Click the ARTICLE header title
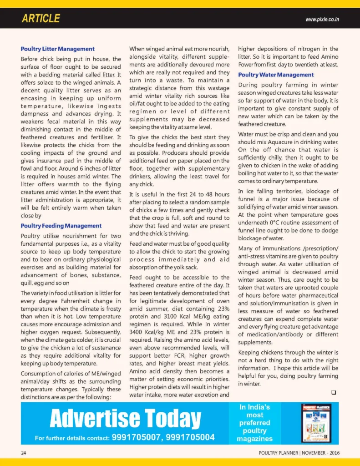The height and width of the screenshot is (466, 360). (x=41, y=19)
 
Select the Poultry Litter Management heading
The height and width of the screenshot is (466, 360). (x=57, y=49)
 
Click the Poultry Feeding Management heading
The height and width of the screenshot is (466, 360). (x=61, y=226)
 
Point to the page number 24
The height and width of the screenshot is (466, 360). (x=23, y=453)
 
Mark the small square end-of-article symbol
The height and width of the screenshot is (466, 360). (x=334, y=393)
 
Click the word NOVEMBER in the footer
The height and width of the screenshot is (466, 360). (x=314, y=453)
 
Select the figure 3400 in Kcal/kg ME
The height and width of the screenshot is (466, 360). (x=137, y=332)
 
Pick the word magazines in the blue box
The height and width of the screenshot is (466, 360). (x=254, y=439)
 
